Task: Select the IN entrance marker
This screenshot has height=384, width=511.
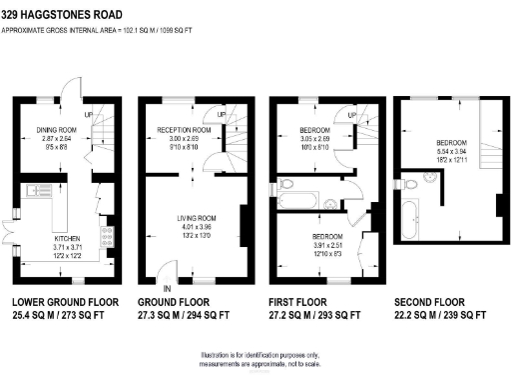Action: click(x=167, y=288)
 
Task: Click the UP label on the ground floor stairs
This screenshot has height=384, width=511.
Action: click(x=221, y=116)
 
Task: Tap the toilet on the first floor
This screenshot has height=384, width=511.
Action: click(x=286, y=183)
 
